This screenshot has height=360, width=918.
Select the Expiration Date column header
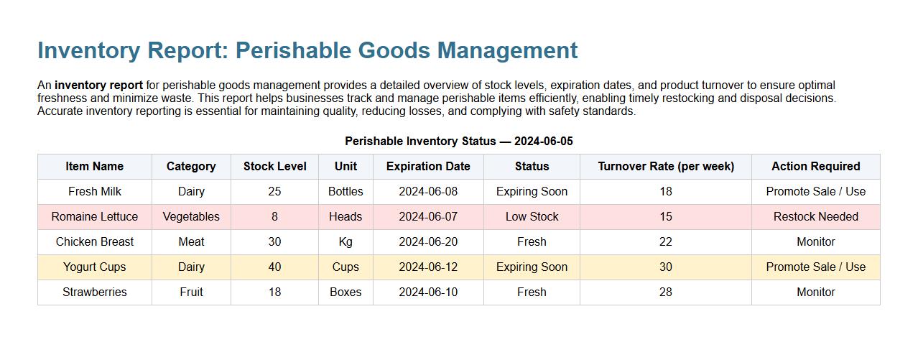[428, 166]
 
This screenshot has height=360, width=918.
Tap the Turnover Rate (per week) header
[666, 166]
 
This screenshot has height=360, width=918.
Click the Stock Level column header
[274, 166]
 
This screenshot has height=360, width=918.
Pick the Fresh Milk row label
[95, 191]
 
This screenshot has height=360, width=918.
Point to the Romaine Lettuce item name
[95, 216]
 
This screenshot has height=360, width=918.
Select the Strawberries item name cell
[95, 292]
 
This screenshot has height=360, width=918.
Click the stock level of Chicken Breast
[274, 241]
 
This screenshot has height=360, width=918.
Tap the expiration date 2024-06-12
[428, 267]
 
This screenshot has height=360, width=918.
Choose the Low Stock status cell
[532, 216]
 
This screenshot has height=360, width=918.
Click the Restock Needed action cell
[815, 216]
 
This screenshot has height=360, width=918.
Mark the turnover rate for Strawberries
[666, 292]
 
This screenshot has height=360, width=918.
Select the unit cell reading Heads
[346, 216]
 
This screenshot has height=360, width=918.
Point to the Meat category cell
[191, 241]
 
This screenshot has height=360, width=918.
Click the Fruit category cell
[191, 292]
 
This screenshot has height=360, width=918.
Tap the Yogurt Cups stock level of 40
[274, 267]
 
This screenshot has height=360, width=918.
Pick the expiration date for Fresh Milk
[428, 191]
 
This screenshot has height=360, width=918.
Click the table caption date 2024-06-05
[543, 141]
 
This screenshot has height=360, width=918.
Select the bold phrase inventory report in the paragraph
[98, 85]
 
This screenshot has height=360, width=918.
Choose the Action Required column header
[815, 166]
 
